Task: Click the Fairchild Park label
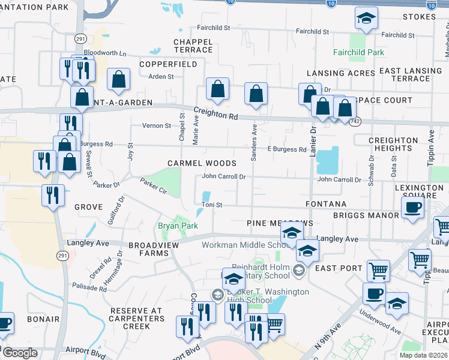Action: tap(358, 52)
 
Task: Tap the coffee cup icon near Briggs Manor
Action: tap(413, 209)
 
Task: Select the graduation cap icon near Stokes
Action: tap(366, 19)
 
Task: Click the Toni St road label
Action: tap(212, 205)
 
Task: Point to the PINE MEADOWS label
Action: tap(280, 223)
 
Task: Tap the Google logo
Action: tap(20, 353)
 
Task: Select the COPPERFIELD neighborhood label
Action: tap(168, 64)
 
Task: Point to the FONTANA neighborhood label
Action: tap(326, 205)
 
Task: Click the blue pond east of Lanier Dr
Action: tap(327, 160)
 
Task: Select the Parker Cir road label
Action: tap(154, 185)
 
